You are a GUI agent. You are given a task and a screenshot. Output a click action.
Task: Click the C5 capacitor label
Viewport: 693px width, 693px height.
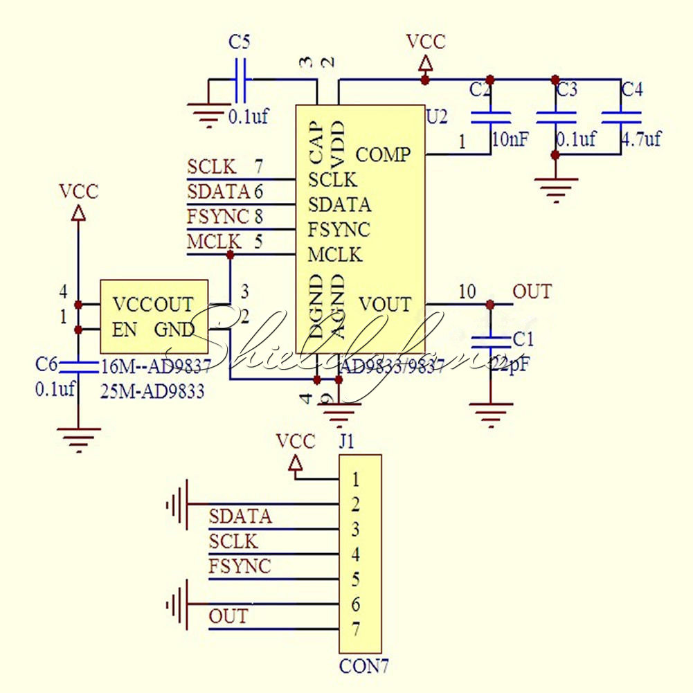point(239,42)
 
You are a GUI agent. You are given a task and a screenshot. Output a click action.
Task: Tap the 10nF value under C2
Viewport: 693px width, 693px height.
point(510,139)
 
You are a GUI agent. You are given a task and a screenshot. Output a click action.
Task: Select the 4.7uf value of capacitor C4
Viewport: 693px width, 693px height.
point(640,139)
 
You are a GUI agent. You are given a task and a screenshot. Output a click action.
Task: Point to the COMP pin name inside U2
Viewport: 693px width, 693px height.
point(383,154)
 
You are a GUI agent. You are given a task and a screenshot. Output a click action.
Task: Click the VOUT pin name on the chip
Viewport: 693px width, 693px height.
point(385,304)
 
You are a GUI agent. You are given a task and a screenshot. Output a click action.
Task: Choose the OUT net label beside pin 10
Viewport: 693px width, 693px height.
point(532,292)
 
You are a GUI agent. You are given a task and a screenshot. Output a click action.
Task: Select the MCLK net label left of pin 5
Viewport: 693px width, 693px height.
point(214,242)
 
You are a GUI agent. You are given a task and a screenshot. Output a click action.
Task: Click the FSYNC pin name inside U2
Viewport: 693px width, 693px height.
point(339,229)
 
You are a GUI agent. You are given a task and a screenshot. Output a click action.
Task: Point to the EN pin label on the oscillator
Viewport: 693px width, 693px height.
point(125,330)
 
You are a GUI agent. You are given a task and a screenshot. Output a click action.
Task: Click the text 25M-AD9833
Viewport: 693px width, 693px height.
point(152,392)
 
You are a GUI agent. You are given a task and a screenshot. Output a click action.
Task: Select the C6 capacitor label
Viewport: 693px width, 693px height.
point(46,364)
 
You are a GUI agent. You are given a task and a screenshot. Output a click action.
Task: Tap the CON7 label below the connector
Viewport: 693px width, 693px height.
point(363,667)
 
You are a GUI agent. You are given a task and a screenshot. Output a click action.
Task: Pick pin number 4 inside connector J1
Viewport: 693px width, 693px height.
point(355,555)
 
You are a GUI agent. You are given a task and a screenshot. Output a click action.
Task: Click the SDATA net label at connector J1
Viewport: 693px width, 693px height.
point(240,516)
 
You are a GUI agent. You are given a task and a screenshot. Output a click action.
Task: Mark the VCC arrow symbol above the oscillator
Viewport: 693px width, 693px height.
point(78,214)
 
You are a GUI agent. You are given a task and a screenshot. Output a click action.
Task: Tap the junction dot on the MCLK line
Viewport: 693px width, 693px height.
point(230,255)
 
